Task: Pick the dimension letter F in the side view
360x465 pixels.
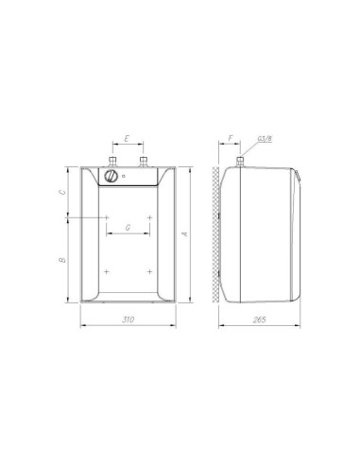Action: [231, 138]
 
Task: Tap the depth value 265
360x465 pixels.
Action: [261, 321]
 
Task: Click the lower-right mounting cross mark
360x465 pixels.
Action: [148, 271]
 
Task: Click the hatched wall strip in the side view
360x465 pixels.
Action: [217, 236]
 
